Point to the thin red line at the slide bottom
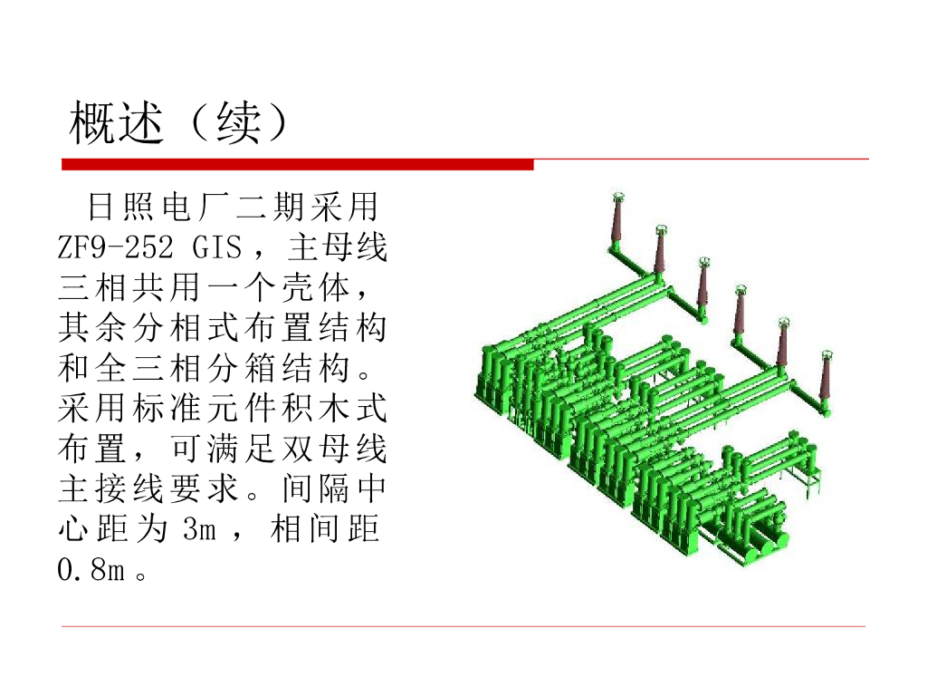(463, 626)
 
